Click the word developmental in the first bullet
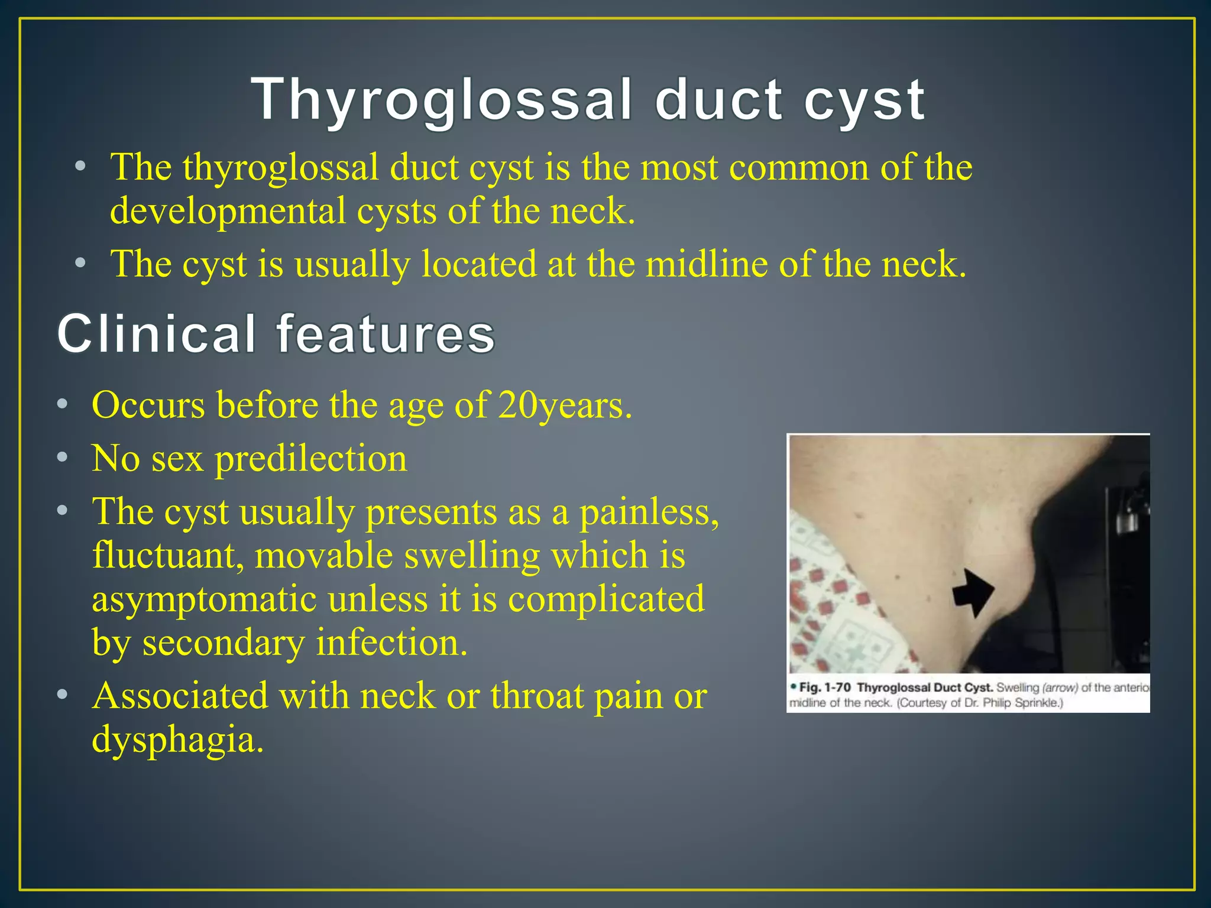(228, 211)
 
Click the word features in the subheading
(386, 334)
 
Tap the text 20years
(565, 406)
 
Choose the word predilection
(311, 459)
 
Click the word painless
(649, 512)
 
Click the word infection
(391, 643)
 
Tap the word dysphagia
(177, 740)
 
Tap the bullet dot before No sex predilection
(63, 458)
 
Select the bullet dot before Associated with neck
(63, 695)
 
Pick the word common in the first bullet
(799, 168)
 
